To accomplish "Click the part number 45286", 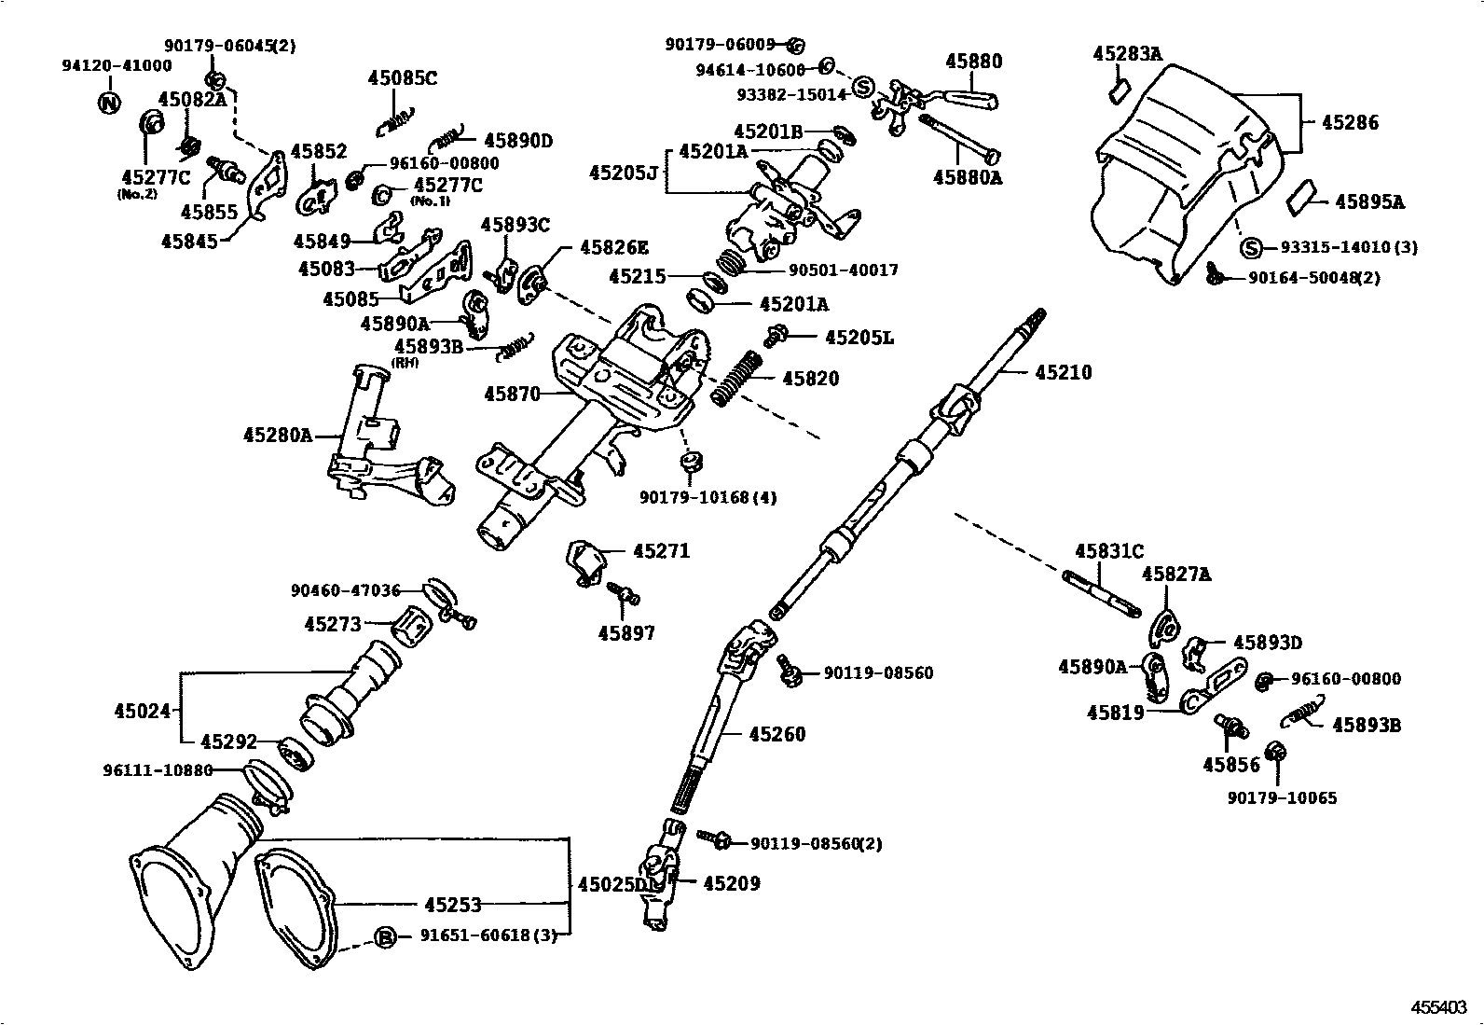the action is click(1350, 123).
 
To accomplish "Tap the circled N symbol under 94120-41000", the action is click(109, 103).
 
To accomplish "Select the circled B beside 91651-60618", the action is click(385, 936).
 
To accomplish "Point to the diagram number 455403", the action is click(1439, 1007).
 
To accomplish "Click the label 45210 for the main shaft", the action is click(1064, 373).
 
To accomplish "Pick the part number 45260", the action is click(777, 734).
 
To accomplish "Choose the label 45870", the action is click(512, 395).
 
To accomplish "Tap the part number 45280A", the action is click(278, 436).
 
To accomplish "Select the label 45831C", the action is click(1109, 551).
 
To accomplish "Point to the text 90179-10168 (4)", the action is click(708, 497).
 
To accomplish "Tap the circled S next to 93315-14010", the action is click(1250, 248).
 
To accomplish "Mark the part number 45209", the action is click(732, 883).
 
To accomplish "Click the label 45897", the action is click(626, 634).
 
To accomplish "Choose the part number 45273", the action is click(333, 625).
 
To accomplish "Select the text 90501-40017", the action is click(843, 270).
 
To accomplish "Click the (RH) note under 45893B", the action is click(405, 363).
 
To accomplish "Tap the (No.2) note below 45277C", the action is click(137, 194).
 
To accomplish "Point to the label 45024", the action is click(143, 712).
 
